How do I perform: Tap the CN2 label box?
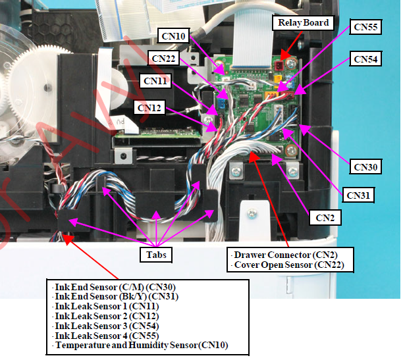[x=323, y=217]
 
